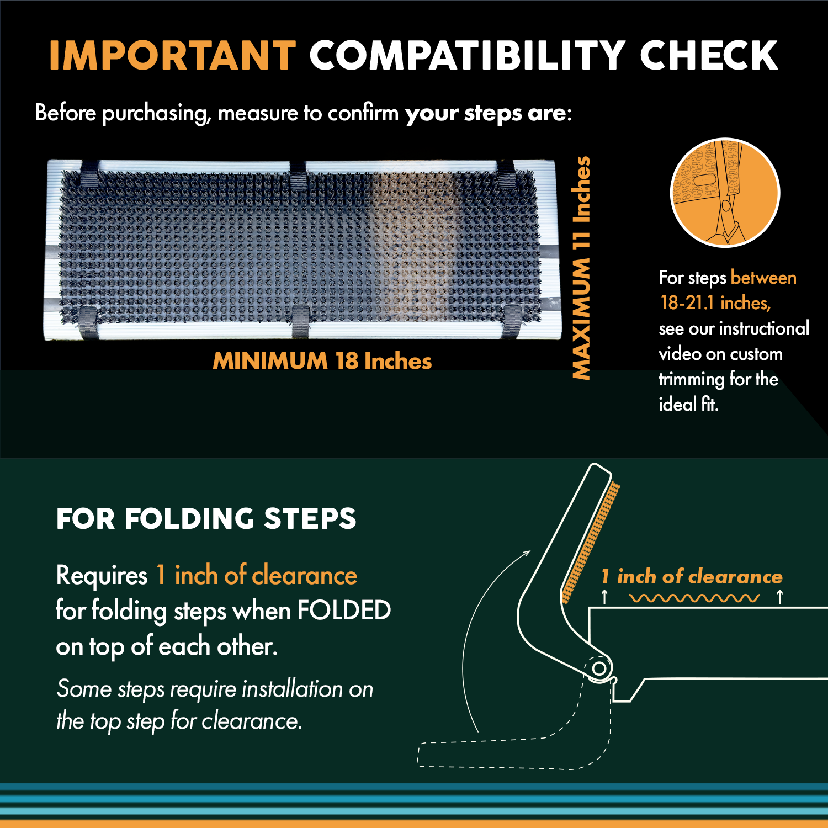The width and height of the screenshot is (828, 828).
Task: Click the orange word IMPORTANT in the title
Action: (x=172, y=56)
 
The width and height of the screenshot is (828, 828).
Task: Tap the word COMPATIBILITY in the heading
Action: (x=466, y=56)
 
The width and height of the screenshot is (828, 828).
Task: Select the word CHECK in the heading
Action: (x=708, y=56)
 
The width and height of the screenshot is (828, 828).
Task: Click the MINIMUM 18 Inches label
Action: (x=322, y=361)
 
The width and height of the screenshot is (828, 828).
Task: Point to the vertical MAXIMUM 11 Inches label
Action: (x=581, y=268)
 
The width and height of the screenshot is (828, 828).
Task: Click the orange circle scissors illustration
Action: (x=724, y=193)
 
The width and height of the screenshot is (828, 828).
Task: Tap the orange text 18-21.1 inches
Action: (x=715, y=303)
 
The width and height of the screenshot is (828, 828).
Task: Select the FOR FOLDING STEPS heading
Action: (x=206, y=519)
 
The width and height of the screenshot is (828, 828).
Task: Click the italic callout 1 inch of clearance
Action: (x=692, y=577)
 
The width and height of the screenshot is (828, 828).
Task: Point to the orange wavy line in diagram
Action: (x=694, y=598)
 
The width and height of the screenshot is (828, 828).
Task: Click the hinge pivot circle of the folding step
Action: (x=599, y=668)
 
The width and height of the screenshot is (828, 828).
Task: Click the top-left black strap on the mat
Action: (x=89, y=173)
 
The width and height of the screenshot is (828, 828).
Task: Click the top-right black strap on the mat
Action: (x=506, y=173)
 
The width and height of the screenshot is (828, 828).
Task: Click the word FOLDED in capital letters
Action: (x=343, y=611)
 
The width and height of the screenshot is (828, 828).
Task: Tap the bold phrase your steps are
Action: (x=485, y=113)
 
